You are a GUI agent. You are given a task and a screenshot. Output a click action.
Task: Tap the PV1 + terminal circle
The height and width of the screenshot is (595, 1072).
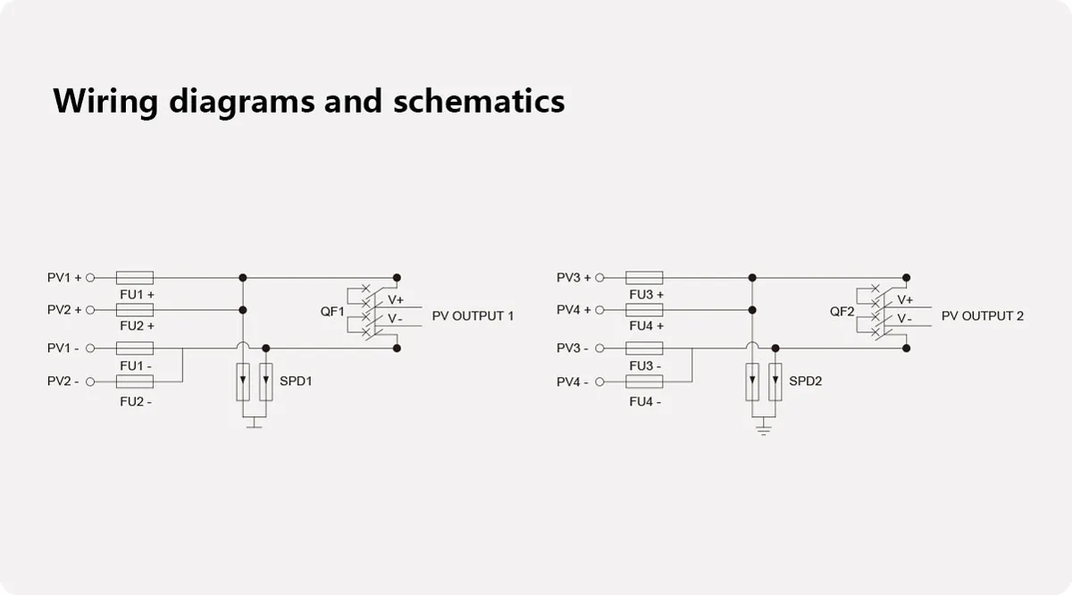pos(90,278)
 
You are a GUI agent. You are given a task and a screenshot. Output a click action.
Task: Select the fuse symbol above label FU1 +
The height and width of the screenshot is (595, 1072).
pos(136,278)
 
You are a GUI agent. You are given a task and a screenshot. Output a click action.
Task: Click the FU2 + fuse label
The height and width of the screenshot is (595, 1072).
pos(137,326)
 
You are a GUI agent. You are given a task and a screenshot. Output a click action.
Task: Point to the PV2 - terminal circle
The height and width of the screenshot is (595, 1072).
pos(90,381)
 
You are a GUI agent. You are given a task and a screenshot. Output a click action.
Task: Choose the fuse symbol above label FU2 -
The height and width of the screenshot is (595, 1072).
pos(136,381)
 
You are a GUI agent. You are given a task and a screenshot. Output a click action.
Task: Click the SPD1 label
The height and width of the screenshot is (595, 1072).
pos(296,381)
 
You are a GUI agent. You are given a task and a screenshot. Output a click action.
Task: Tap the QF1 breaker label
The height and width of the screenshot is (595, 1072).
pos(332,311)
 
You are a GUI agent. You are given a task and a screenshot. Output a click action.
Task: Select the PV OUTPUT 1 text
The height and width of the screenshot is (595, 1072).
pos(473,316)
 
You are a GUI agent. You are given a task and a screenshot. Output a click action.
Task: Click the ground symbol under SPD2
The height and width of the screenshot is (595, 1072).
pos(764,430)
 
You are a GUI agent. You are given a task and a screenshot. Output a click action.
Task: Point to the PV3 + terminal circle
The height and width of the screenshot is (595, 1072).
pos(600,278)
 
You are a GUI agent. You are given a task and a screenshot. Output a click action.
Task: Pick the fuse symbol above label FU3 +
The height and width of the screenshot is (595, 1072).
pos(644,278)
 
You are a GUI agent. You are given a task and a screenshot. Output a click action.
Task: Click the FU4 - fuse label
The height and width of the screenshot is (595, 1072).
pos(645,402)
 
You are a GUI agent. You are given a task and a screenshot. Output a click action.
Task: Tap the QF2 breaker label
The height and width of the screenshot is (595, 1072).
pos(842,312)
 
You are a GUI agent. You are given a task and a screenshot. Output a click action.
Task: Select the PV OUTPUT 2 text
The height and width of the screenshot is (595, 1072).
pos(983,316)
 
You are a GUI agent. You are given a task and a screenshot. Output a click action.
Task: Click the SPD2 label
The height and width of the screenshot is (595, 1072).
pos(805,381)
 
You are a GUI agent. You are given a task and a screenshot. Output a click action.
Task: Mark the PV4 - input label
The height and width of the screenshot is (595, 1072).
pos(573,382)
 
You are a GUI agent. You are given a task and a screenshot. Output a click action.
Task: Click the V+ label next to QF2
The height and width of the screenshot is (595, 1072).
pos(905,300)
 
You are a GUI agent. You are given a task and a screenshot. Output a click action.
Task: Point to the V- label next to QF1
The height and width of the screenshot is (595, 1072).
pos(395,319)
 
